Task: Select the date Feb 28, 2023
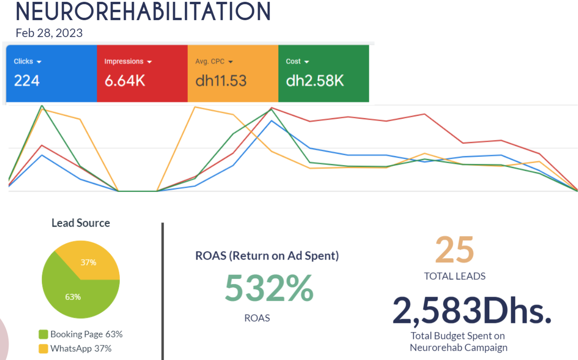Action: click(49, 33)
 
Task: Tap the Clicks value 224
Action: click(27, 81)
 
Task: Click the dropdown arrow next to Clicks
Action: click(39, 62)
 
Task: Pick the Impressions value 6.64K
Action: click(124, 81)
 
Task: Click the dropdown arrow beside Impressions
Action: click(149, 62)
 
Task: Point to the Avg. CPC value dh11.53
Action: click(221, 81)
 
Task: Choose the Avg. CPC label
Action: click(210, 61)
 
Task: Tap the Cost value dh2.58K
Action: click(315, 81)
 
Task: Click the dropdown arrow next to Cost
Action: click(307, 62)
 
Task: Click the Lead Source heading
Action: click(81, 223)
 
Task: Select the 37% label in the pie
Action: click(88, 262)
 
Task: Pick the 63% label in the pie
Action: click(73, 297)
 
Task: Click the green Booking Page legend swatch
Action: click(44, 335)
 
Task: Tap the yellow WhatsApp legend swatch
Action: click(44, 349)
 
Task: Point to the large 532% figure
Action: click(269, 288)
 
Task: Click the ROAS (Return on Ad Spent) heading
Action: click(267, 256)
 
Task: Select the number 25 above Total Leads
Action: click(455, 250)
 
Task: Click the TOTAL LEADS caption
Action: click(455, 276)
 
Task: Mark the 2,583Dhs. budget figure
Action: click(472, 311)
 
